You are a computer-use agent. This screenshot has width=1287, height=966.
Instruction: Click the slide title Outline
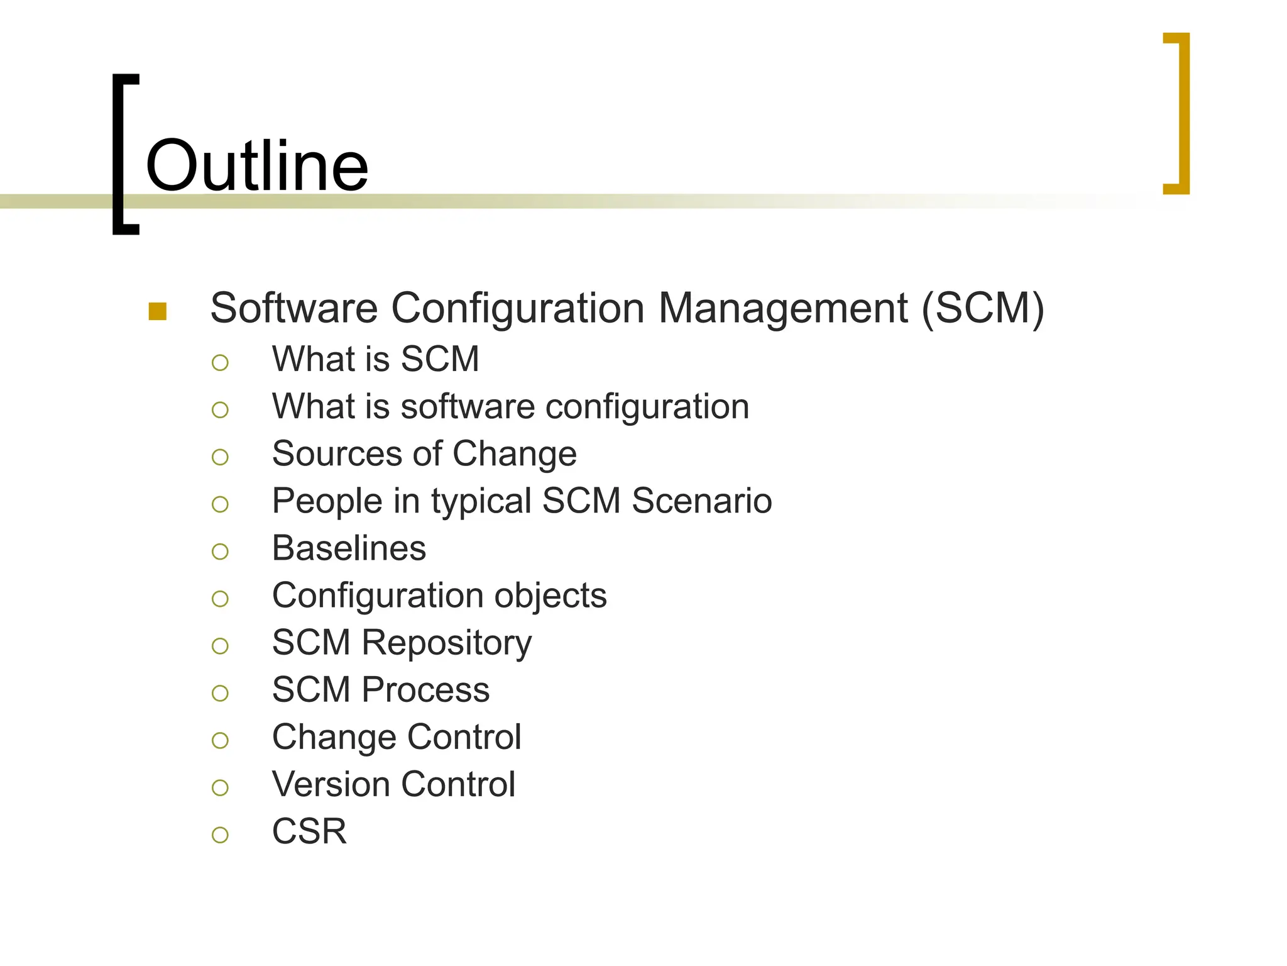pyautogui.click(x=256, y=166)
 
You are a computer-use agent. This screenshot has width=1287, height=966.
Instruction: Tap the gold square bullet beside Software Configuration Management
pyautogui.click(x=158, y=311)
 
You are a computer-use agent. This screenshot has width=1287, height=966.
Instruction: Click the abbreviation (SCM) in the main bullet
pyautogui.click(x=982, y=309)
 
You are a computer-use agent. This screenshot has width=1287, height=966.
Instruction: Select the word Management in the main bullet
pyautogui.click(x=782, y=309)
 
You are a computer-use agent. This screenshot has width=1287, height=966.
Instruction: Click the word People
pyautogui.click(x=327, y=501)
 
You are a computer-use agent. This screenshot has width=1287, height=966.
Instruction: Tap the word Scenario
pyautogui.click(x=701, y=501)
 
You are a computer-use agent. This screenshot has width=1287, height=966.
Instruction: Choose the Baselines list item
pyautogui.click(x=349, y=548)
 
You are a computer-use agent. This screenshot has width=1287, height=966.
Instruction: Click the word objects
pyautogui.click(x=550, y=596)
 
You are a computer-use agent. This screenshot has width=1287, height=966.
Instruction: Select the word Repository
pyautogui.click(x=447, y=643)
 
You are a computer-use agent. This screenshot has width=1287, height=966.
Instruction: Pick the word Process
pyautogui.click(x=425, y=690)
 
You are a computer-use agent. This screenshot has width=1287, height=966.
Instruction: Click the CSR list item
pyautogui.click(x=309, y=831)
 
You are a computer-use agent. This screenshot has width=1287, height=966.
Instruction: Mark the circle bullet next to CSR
pyautogui.click(x=220, y=835)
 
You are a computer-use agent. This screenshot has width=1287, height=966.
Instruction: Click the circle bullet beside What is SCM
pyautogui.click(x=220, y=363)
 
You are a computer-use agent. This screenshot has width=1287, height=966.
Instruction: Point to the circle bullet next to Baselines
pyautogui.click(x=220, y=552)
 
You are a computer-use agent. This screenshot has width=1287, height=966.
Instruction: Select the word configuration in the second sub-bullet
pyautogui.click(x=647, y=407)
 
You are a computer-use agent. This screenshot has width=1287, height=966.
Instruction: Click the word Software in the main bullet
pyautogui.click(x=293, y=309)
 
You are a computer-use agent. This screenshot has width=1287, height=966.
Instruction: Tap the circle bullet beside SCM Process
pyautogui.click(x=220, y=694)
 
